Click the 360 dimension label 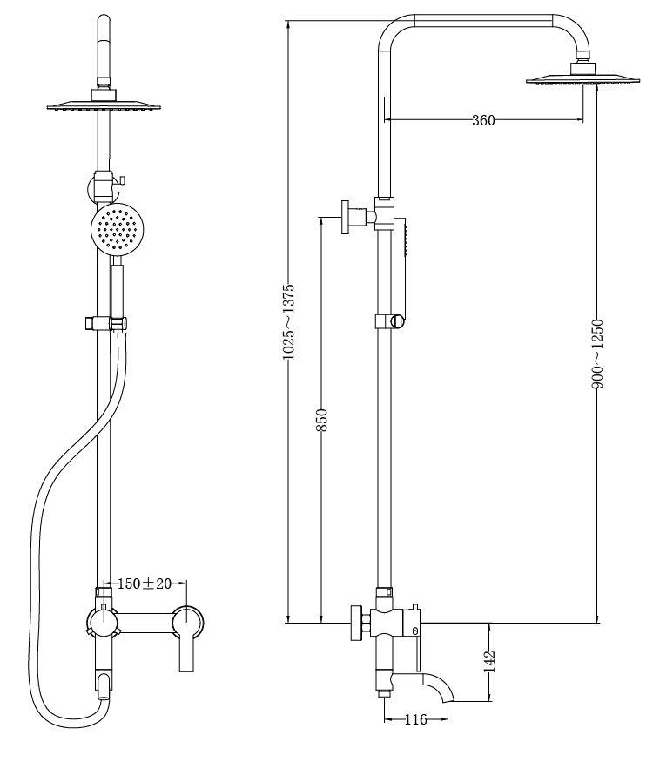[483, 119]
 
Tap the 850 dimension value [321, 420]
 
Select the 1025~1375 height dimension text [289, 321]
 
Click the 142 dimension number [489, 661]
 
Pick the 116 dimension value [415, 719]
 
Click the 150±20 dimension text [145, 583]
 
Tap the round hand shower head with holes [118, 229]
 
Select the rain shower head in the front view [104, 106]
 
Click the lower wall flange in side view [356, 624]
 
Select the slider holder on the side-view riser [391, 321]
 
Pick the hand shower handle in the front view [117, 292]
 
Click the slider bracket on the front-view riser [106, 324]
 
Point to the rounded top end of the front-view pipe [104, 21]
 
